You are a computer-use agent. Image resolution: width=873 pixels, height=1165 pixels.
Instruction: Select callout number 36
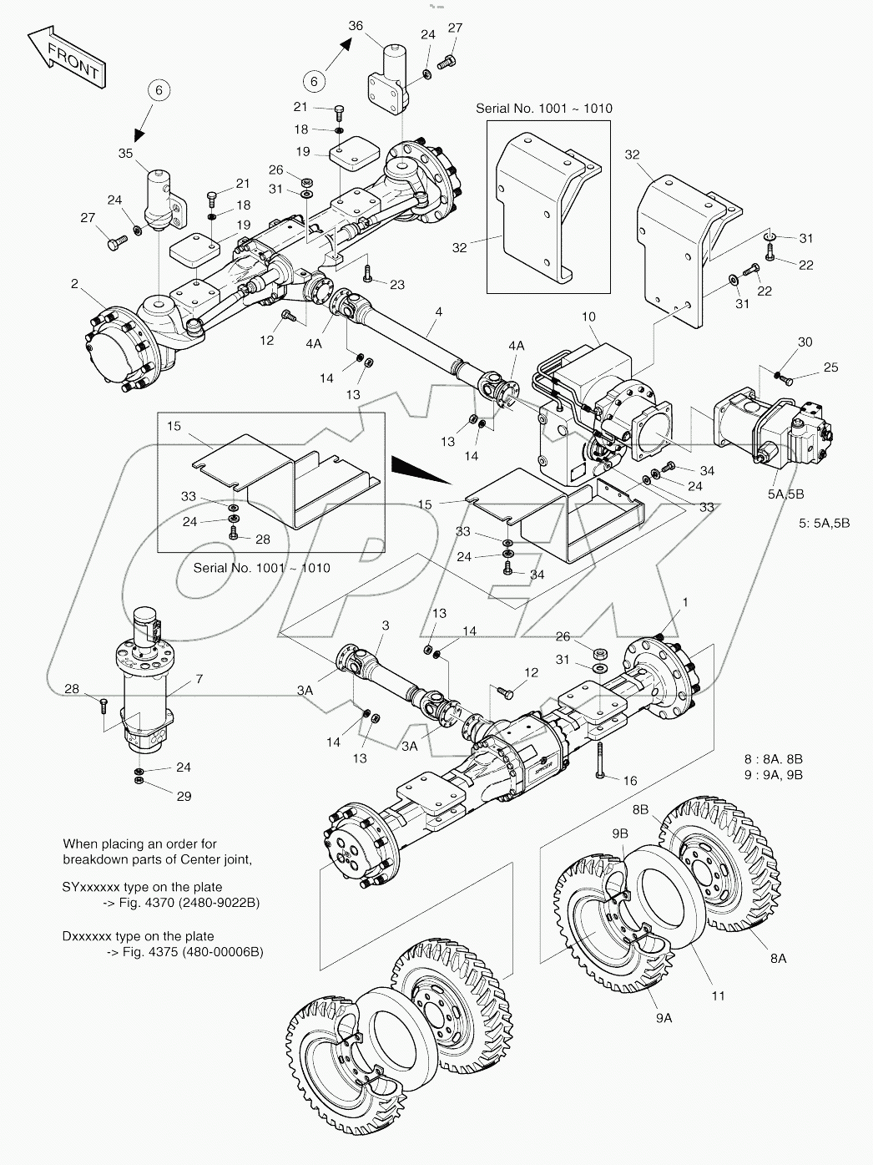(356, 26)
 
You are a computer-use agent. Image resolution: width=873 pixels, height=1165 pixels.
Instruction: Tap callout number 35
(125, 153)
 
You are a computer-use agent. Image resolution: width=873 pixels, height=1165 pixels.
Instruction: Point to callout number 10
(588, 317)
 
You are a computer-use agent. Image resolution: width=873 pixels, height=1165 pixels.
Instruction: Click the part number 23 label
(396, 285)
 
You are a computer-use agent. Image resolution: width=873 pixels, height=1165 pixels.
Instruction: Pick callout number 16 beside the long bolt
(629, 780)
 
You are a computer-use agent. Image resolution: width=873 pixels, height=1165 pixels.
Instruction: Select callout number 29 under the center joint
(184, 796)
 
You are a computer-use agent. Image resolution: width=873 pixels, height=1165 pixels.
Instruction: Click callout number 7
(199, 679)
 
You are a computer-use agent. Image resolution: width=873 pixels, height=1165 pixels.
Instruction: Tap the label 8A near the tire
(778, 959)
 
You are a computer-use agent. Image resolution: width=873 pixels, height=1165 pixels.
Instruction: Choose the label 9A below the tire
(664, 1017)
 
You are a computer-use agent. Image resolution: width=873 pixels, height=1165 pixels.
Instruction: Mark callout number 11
(718, 995)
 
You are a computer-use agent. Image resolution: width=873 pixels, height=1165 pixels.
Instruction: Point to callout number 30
(805, 342)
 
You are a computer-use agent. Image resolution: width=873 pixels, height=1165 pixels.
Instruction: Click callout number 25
(830, 367)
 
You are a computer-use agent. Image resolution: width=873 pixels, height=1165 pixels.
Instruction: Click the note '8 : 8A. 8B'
(773, 759)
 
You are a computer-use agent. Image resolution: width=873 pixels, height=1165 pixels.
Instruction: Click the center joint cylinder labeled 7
(146, 685)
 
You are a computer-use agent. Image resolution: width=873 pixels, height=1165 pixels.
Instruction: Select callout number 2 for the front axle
(74, 285)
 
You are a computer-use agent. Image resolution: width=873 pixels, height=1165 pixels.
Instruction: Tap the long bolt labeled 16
(598, 761)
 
